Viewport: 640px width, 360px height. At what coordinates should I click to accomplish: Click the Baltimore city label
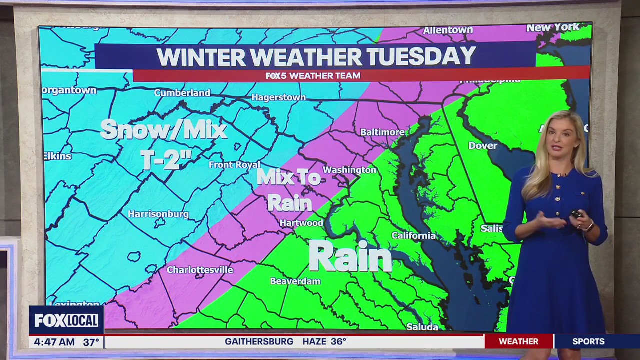[x=382, y=132]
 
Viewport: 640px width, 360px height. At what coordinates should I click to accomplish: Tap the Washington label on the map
[x=349, y=170]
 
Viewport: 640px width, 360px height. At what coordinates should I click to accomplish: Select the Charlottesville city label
[x=200, y=270]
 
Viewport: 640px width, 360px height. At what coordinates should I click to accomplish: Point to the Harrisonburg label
[x=158, y=214]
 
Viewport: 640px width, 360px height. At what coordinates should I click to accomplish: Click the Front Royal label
[x=234, y=165]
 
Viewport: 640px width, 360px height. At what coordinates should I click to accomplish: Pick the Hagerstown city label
[x=278, y=97]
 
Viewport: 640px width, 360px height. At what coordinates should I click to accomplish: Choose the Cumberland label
[x=182, y=93]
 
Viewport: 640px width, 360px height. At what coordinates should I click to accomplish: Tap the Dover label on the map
[x=483, y=146]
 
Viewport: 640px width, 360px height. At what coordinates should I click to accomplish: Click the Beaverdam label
[x=295, y=281]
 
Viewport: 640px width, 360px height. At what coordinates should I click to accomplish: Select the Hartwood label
[x=301, y=223]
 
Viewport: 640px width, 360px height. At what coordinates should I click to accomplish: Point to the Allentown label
[x=448, y=30]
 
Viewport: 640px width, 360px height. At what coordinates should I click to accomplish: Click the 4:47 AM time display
[x=52, y=342]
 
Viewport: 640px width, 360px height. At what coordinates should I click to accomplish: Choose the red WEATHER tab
[x=518, y=342]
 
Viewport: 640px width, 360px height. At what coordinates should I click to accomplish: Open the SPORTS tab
[x=588, y=342]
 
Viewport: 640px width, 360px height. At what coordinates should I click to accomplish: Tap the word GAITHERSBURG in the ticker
[x=259, y=342]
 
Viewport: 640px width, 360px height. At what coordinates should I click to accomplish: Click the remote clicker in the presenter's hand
[x=576, y=214]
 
